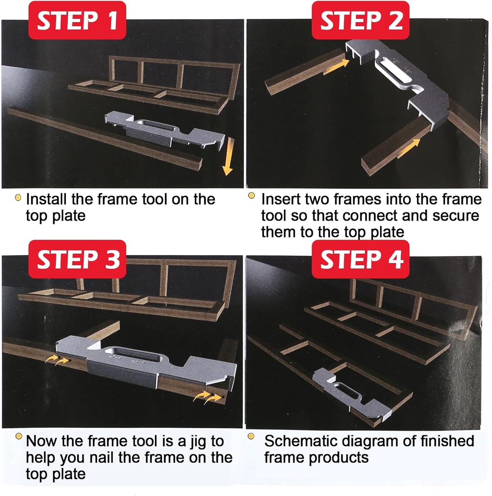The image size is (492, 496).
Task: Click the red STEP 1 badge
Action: (x=77, y=20)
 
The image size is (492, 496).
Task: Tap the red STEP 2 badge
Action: (x=361, y=20)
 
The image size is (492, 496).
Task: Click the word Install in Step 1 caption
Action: (x=46, y=199)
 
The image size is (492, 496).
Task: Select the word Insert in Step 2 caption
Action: (x=278, y=199)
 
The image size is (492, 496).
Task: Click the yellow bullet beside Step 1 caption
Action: (x=18, y=198)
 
